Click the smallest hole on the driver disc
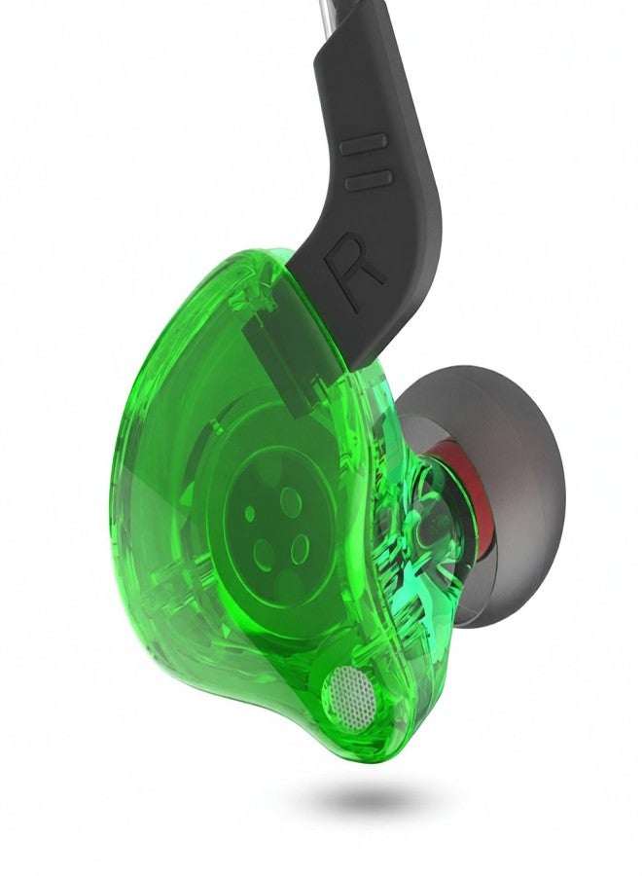click(251, 511)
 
